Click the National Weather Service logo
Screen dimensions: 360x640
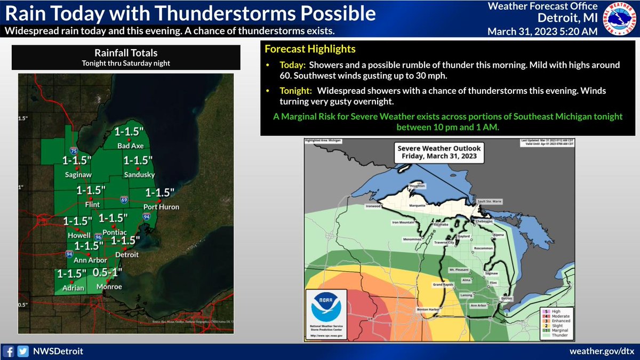pos(619,20)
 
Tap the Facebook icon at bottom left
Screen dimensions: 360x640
pos(9,351)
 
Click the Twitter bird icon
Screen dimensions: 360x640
pos(22,351)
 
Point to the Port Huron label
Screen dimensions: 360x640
pos(161,206)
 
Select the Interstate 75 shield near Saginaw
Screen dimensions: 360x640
pos(72,151)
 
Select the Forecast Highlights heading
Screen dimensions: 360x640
pos(310,50)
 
